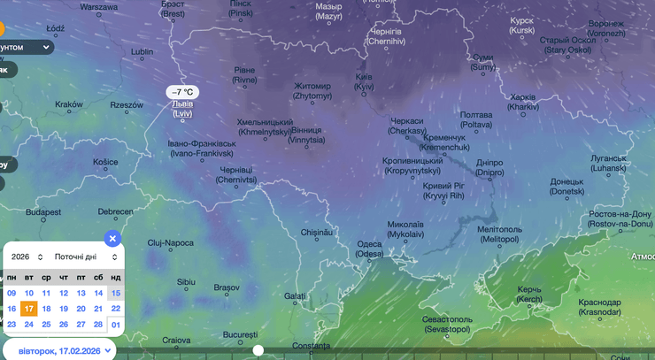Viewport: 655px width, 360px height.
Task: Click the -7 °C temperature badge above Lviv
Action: [x=184, y=92]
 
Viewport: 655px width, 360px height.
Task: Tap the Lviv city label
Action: [x=182, y=109]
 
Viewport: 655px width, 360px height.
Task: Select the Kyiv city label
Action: [x=364, y=81]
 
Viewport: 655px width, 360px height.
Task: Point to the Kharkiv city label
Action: [x=524, y=102]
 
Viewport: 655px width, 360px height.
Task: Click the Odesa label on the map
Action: [x=369, y=249]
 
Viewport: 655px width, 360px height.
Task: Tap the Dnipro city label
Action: [x=489, y=168]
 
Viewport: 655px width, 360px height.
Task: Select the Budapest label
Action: [x=43, y=212]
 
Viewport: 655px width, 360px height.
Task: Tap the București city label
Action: [x=240, y=334]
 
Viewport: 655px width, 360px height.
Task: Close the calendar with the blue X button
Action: [x=112, y=238]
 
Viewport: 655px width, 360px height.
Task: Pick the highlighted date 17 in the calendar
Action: [x=29, y=309]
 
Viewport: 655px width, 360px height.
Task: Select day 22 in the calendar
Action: [x=116, y=309]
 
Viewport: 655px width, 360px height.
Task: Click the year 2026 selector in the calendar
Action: [x=27, y=257]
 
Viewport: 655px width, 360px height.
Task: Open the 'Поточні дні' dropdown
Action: [x=86, y=257]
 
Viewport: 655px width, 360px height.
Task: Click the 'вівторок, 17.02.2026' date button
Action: [x=59, y=350]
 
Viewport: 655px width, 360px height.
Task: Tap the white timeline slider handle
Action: [x=258, y=350]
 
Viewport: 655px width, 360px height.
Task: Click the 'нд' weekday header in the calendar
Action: [x=116, y=278]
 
